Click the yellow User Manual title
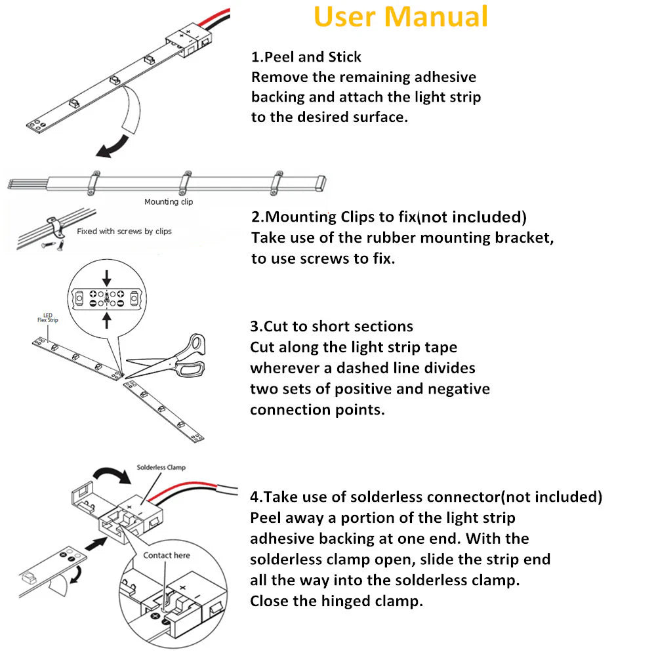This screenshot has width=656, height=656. click(x=401, y=17)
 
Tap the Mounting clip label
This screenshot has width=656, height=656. click(x=169, y=202)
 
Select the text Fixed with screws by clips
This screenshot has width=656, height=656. click(x=124, y=232)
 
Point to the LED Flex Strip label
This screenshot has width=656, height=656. click(x=47, y=319)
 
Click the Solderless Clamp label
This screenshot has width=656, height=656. click(x=161, y=468)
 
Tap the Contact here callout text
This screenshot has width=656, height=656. click(x=167, y=555)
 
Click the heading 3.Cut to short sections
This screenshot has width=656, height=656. click(x=331, y=326)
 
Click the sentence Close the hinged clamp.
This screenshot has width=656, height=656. click(x=337, y=601)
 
